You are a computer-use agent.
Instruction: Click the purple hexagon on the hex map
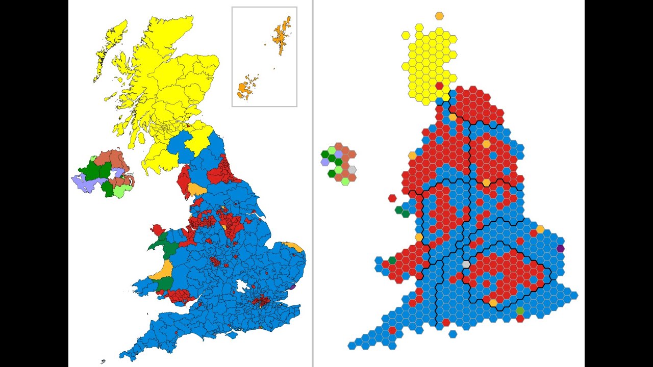[x=561, y=249]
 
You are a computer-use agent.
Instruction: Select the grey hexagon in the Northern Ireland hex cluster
[x=351, y=170]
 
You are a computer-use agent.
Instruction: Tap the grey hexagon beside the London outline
[x=466, y=264]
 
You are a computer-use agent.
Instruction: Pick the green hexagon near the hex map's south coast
[x=520, y=311]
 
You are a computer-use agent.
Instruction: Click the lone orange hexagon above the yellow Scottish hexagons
[x=439, y=16]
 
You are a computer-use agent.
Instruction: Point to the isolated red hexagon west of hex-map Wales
[x=392, y=198]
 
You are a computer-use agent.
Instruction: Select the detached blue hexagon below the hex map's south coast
[x=453, y=334]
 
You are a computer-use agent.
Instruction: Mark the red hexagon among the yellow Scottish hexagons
[x=439, y=86]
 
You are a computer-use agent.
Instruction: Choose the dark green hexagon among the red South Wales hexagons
[x=392, y=260]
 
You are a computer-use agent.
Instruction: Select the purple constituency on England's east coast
[x=292, y=286]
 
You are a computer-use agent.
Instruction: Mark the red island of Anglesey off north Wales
[x=157, y=229]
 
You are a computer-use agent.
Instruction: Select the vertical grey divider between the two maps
[x=313, y=183]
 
